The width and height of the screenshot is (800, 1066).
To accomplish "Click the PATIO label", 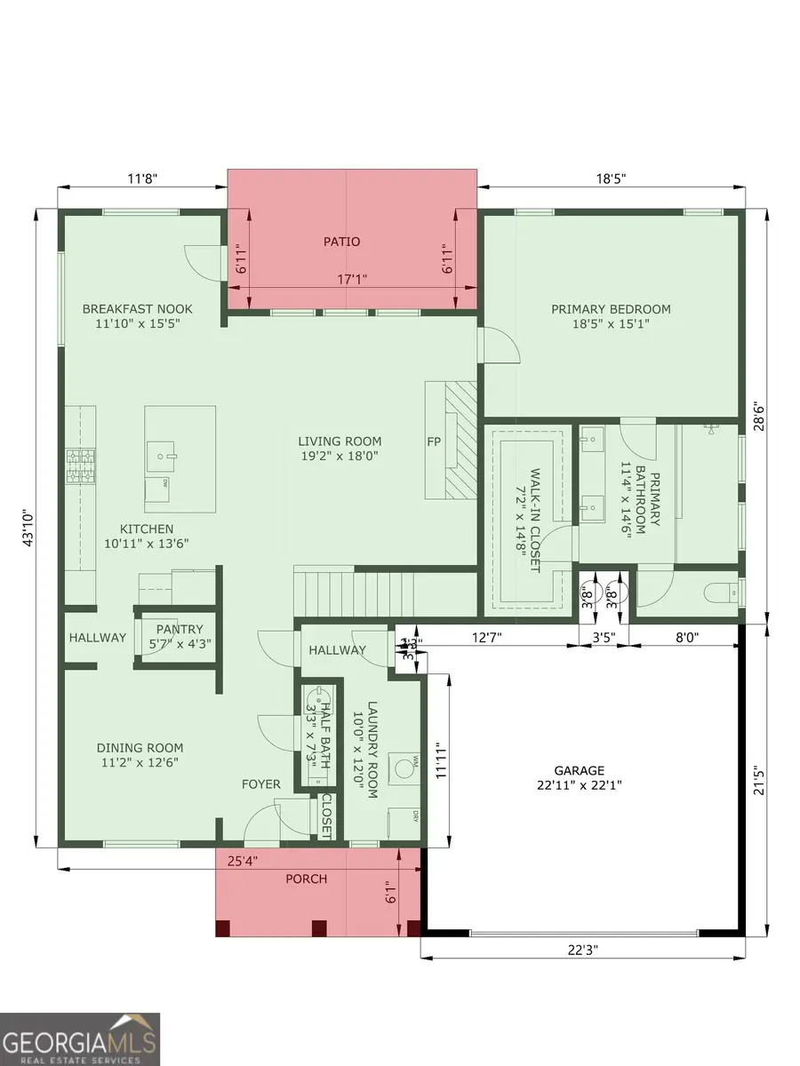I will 342,241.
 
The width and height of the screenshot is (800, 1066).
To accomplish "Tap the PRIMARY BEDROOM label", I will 611,309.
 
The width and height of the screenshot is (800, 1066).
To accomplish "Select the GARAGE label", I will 579,770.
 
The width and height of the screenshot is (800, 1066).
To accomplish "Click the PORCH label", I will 306,879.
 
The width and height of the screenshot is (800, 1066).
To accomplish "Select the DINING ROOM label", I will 140,748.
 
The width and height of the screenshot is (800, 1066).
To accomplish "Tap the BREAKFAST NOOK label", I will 137,309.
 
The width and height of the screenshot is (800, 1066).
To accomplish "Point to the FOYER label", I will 261,784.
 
